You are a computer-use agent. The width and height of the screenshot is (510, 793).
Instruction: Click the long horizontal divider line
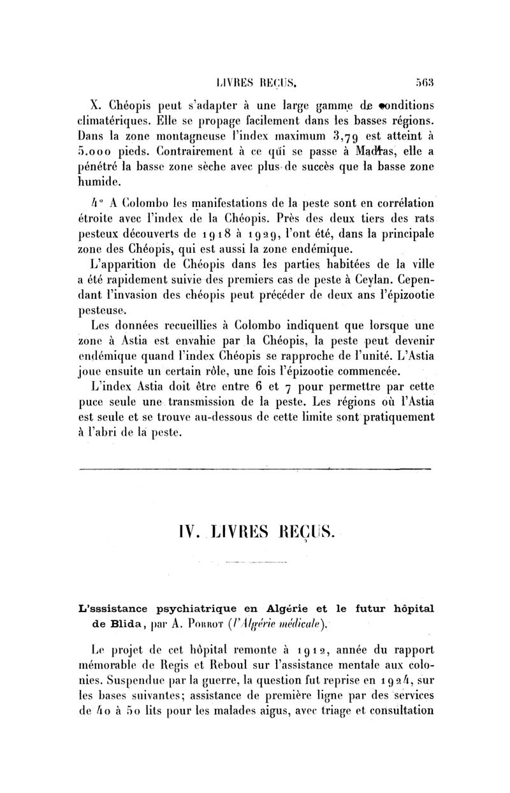[254, 470]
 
